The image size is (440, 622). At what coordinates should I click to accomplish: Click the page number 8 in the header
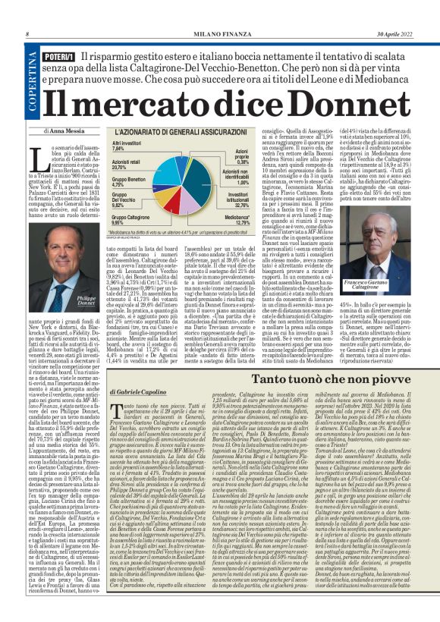pos(27,34)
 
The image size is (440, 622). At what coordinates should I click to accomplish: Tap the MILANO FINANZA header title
pos(219,34)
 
